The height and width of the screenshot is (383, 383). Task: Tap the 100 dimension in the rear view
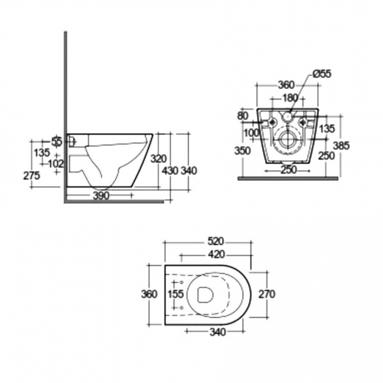click(252, 133)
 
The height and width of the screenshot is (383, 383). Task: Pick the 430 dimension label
click(170, 171)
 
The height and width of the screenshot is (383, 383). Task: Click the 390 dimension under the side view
click(101, 196)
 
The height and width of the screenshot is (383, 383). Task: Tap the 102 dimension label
click(56, 163)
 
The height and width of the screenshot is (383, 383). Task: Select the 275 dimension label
click(32, 175)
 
